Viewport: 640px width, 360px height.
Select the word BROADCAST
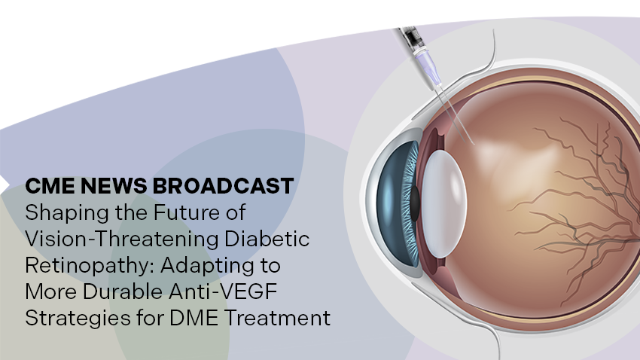(224, 186)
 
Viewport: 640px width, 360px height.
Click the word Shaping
(67, 213)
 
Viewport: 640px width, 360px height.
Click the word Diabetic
(267, 239)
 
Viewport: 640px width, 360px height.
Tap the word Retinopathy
(90, 266)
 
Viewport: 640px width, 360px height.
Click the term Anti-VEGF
(223, 291)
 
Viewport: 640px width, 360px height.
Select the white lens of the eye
(444, 203)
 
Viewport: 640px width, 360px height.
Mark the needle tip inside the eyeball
(474, 144)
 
